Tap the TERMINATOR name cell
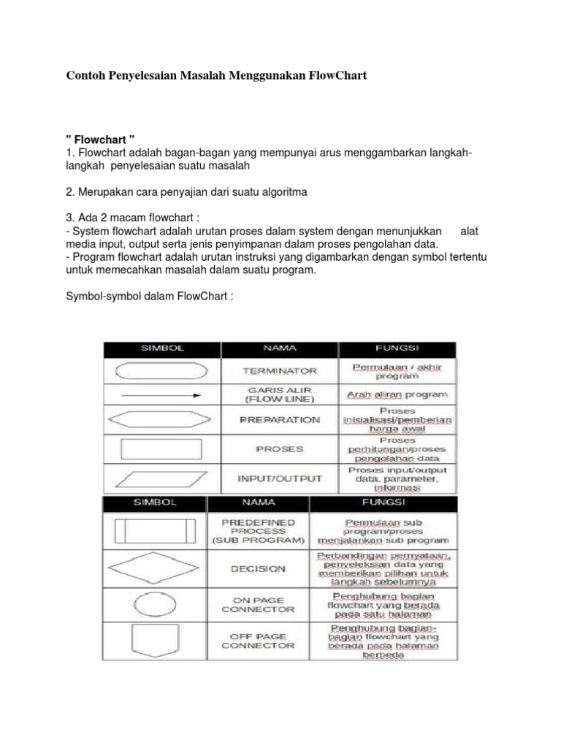(280, 370)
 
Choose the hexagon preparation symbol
(161, 420)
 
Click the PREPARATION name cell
(280, 420)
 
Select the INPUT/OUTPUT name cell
(280, 478)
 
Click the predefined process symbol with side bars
(156, 531)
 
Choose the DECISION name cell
(258, 568)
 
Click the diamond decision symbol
(156, 568)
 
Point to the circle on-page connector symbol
(156, 605)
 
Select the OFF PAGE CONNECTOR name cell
(258, 641)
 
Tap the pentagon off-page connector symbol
(156, 641)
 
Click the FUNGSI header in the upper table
(397, 348)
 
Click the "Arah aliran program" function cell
(397, 395)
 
